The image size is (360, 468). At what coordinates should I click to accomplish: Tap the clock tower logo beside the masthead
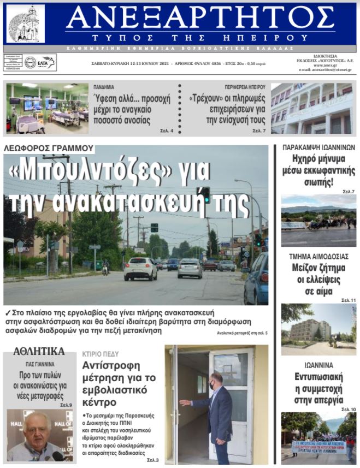coord(26,24)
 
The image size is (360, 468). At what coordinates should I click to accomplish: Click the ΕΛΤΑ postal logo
coord(46,62)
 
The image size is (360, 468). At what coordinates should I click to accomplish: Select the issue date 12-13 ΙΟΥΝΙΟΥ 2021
coord(143,64)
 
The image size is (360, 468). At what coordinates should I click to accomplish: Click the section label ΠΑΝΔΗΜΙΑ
coord(104,87)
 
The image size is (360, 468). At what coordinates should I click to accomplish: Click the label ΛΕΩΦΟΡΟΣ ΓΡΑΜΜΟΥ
coord(48,149)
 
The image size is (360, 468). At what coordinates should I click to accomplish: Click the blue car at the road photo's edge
coord(257,279)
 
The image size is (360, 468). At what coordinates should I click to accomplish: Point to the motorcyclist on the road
coord(105,267)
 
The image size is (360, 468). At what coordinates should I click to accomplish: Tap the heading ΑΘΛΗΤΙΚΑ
coord(39,351)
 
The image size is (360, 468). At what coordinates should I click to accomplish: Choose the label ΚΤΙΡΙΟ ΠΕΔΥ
coord(101,354)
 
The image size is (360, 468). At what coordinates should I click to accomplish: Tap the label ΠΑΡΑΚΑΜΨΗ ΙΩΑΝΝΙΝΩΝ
coord(318,147)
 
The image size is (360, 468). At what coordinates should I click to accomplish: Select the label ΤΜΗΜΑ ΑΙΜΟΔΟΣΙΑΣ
coord(319,256)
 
